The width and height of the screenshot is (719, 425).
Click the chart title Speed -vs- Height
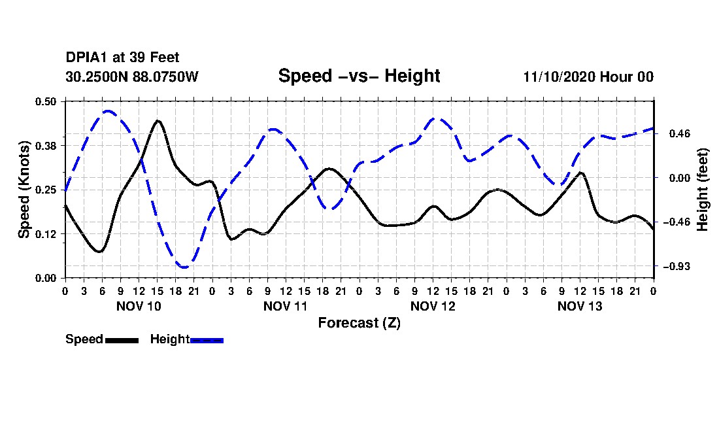[359, 76]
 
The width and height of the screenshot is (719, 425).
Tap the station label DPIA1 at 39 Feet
[122, 58]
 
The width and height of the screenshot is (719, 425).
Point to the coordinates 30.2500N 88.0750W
[132, 76]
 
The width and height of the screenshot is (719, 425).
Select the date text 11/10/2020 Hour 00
[588, 76]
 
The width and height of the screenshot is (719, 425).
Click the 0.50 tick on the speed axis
[46, 101]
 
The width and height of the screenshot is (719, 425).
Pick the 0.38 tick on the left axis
[46, 145]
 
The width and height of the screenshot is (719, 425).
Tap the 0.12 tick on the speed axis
[46, 233]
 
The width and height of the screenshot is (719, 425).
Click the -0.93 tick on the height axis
[676, 266]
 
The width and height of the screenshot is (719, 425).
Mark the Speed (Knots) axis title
[24, 190]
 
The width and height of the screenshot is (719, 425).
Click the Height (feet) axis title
[703, 190]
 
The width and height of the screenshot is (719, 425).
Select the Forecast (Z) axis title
[359, 322]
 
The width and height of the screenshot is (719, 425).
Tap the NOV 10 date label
[139, 306]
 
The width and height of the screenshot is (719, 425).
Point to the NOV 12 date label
[433, 306]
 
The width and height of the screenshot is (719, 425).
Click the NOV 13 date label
[580, 306]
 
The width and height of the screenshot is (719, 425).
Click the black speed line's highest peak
[158, 121]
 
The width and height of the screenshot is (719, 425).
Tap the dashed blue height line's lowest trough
[185, 267]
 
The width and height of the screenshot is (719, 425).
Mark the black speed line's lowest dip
[99, 251]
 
